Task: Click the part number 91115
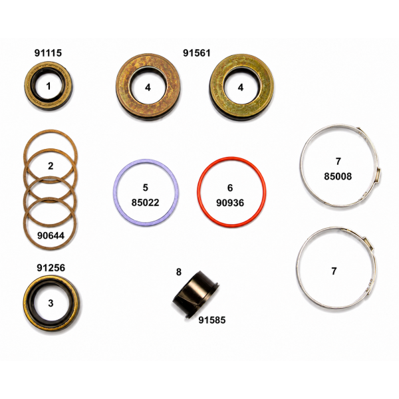[48, 53]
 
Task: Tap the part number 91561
[197, 53]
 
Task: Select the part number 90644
[51, 235]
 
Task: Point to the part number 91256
[51, 268]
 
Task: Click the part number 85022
[145, 203]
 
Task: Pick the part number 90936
[230, 203]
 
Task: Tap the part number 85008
[338, 176]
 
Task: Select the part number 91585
[212, 320]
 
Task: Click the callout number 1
[49, 86]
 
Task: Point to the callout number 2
[51, 166]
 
